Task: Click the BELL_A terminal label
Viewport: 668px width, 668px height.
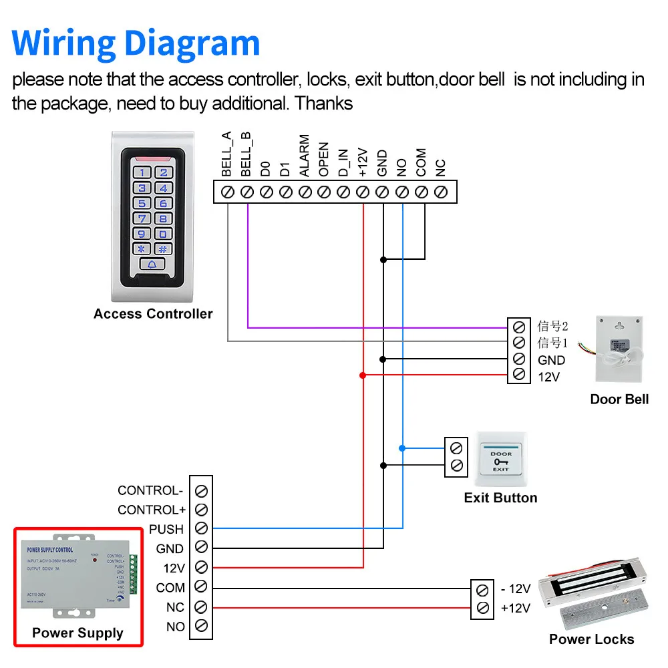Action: (226, 154)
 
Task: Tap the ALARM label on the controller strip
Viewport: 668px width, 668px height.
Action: (305, 156)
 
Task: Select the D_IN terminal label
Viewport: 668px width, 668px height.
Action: (343, 160)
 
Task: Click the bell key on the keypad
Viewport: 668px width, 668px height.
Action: (152, 265)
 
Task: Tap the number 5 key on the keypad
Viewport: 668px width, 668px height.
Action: (142, 203)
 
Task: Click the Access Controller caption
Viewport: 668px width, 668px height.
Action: (153, 314)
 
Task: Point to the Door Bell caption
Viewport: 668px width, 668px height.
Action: (619, 399)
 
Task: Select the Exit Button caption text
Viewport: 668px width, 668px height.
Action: (500, 498)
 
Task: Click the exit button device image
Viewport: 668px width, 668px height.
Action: (501, 461)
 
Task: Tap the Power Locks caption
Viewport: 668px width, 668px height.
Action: (591, 639)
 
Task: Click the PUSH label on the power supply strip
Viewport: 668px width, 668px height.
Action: (166, 529)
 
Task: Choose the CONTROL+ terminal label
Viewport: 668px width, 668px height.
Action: (152, 510)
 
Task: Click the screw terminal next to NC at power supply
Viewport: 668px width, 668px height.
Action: (200, 607)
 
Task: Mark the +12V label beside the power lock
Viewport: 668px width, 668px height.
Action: (515, 608)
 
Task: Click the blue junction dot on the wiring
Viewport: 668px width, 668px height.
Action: (402, 448)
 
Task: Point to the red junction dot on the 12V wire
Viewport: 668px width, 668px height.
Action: (363, 375)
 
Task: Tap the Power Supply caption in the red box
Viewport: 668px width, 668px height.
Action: (77, 633)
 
